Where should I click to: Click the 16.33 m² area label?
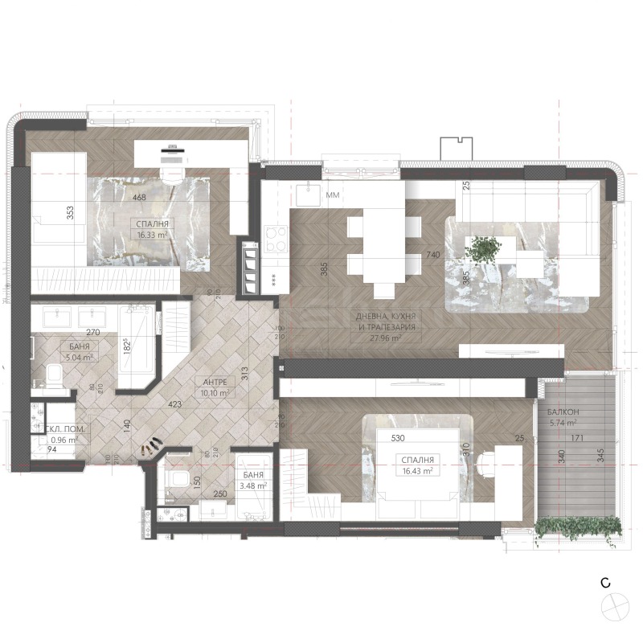[x=153, y=235]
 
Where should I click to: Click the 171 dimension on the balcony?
[x=576, y=439]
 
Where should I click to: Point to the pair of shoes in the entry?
[x=151, y=444]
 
